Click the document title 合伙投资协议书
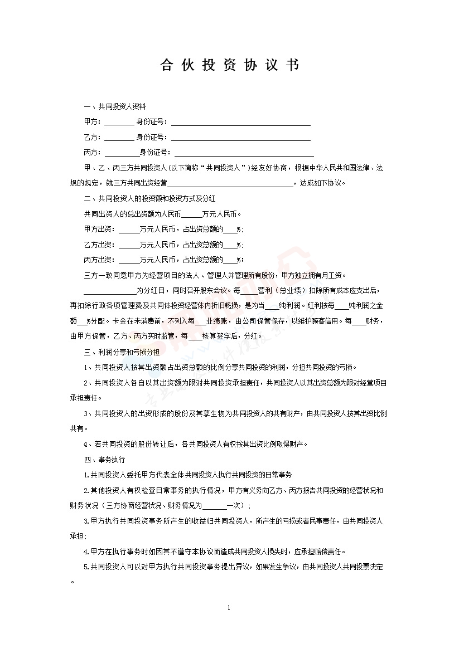click(229, 66)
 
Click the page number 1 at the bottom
click(229, 607)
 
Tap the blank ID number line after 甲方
click(240, 122)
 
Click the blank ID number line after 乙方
click(240, 137)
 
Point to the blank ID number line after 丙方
click(244, 152)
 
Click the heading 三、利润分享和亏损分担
click(122, 352)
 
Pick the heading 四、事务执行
click(104, 460)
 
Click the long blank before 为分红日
click(109, 290)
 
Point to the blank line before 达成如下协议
click(230, 183)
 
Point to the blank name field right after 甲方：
click(119, 122)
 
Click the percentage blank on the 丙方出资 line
click(230, 260)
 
